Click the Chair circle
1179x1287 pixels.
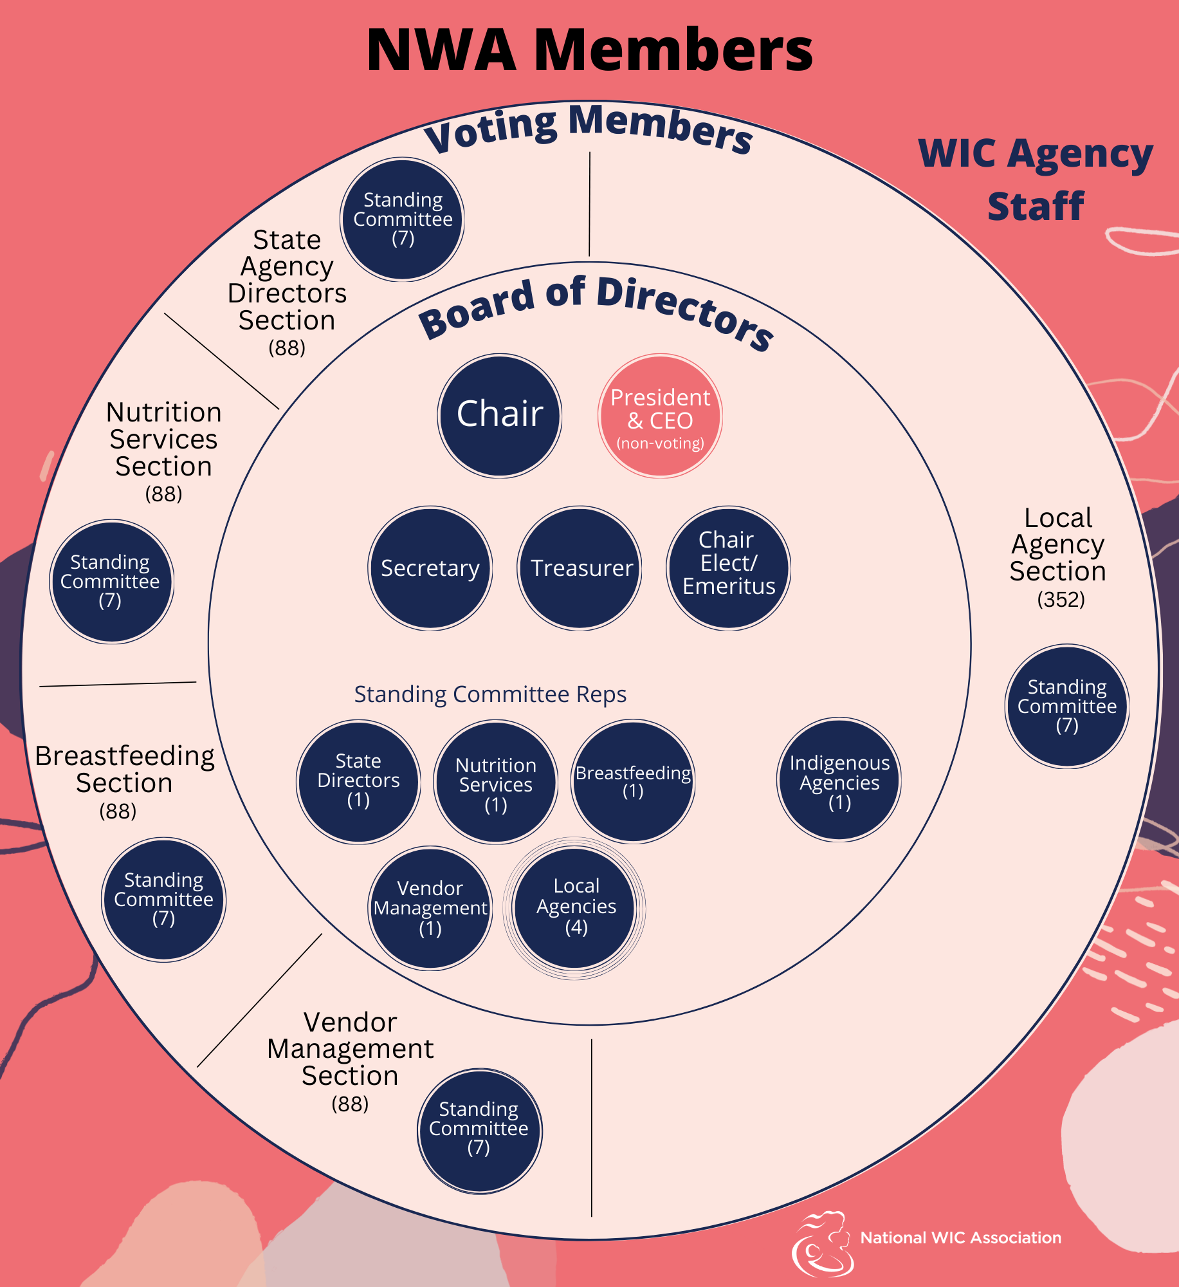point(500,415)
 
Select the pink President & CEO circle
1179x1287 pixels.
point(660,415)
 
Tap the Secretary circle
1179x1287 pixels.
point(430,568)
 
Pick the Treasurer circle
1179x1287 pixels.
point(580,568)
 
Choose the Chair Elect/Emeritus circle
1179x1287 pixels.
point(728,568)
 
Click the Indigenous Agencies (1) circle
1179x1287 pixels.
point(839,779)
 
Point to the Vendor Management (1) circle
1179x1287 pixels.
point(430,907)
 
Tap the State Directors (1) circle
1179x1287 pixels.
point(358,781)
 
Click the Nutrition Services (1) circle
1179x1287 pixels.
point(495,781)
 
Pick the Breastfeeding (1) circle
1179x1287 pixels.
point(633,781)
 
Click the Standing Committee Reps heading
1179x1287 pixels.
point(490,694)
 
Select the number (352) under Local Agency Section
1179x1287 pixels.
point(1061,600)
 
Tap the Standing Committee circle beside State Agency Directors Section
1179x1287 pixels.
point(403,219)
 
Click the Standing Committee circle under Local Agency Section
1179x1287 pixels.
point(1066,706)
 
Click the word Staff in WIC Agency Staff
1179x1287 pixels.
point(1036,207)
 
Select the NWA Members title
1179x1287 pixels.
point(589,50)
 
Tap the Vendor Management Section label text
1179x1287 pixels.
point(350,1049)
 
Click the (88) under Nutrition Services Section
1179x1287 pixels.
point(163,494)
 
